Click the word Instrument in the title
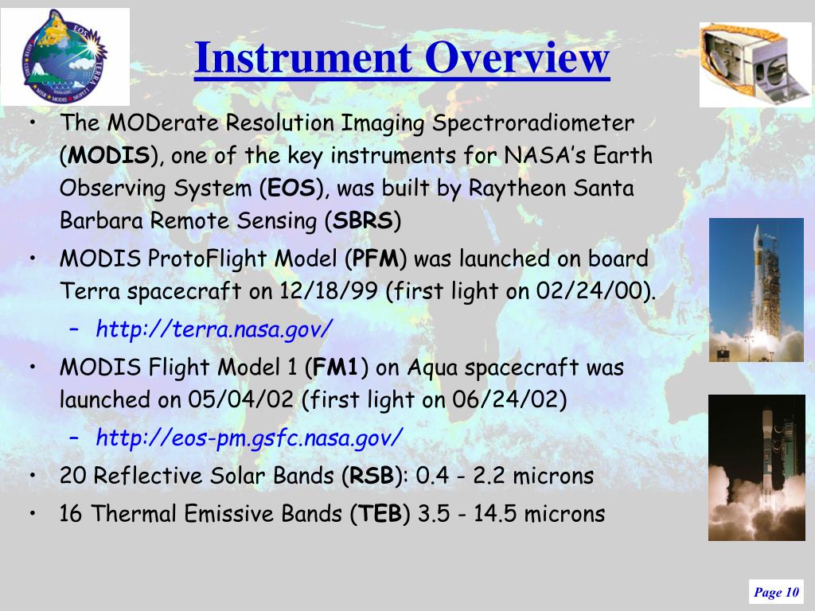(302, 57)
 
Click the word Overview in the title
(517, 57)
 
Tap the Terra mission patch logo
(64, 56)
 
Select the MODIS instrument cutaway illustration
(755, 64)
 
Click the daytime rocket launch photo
(756, 290)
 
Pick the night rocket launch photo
(757, 468)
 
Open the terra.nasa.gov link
(213, 329)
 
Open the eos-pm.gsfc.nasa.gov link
(249, 438)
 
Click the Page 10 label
(776, 592)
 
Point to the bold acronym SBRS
(363, 221)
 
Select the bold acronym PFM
(376, 259)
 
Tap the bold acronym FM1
(336, 368)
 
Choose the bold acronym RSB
(372, 476)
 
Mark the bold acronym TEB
(380, 514)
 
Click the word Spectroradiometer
(533, 123)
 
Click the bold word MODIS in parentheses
(109, 155)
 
